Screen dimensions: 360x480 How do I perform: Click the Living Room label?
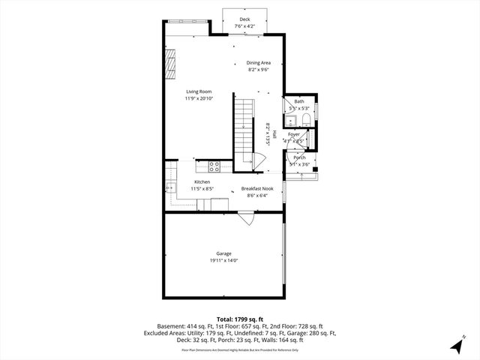(199, 91)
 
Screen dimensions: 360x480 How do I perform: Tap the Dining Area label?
(259, 63)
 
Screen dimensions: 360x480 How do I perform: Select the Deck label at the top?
(244, 19)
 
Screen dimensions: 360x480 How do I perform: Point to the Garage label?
(223, 253)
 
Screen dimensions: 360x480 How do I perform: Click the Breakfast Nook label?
(256, 189)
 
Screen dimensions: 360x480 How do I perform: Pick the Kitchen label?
(202, 182)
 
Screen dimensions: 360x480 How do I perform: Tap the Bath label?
(299, 101)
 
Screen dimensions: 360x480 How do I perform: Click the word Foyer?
(294, 134)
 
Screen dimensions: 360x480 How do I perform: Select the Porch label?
(299, 157)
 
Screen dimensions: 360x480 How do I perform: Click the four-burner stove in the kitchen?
(214, 166)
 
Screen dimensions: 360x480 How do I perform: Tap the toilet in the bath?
(306, 119)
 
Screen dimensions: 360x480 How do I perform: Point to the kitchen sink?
(170, 187)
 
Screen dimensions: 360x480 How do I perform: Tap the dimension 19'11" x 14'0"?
(223, 261)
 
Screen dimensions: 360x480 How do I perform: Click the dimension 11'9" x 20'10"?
(199, 98)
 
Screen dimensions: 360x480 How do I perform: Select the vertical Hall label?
(275, 133)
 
